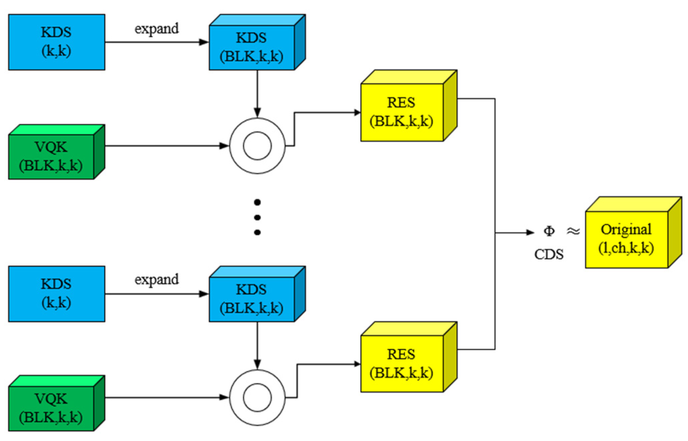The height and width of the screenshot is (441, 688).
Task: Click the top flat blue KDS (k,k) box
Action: [x=57, y=42]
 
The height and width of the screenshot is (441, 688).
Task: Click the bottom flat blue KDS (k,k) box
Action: [x=57, y=294]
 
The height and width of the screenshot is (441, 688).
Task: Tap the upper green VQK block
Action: [x=51, y=156]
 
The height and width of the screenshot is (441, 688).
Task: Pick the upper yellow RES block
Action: [x=402, y=112]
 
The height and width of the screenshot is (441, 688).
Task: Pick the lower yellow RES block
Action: [x=402, y=363]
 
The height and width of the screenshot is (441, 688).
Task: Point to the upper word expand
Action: [x=156, y=29]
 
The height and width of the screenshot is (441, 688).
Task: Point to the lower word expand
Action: [x=156, y=280]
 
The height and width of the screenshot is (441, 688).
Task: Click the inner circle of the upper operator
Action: [x=257, y=146]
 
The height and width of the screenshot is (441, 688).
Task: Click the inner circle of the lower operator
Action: [x=257, y=397]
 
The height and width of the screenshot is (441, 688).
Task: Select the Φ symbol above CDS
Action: [x=549, y=231]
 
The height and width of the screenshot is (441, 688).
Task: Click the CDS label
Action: [x=549, y=254]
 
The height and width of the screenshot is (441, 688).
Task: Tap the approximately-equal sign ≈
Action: [x=573, y=231]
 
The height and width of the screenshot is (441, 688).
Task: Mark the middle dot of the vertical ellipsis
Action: [x=257, y=217]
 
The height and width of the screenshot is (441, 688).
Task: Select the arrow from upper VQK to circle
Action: [x=164, y=146]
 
